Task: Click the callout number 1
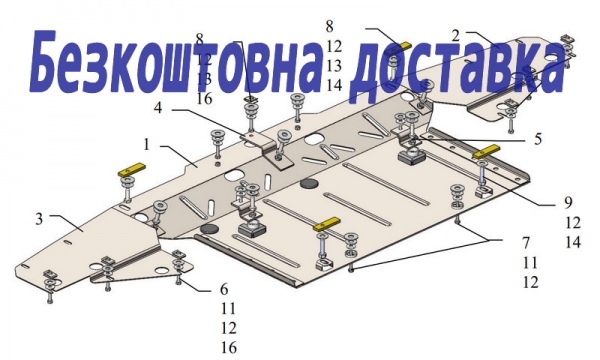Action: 147,145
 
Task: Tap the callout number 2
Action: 455,36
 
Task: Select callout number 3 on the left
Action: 39,219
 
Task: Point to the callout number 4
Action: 158,108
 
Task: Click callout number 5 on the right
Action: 538,139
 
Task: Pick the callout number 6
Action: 224,289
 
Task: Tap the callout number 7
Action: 526,243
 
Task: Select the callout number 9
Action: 568,202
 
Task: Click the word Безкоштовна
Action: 175,63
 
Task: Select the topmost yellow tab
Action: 406,44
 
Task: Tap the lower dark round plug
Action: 210,229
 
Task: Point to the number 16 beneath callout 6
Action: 229,348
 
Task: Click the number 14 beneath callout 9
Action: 573,242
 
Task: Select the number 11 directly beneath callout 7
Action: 530,262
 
